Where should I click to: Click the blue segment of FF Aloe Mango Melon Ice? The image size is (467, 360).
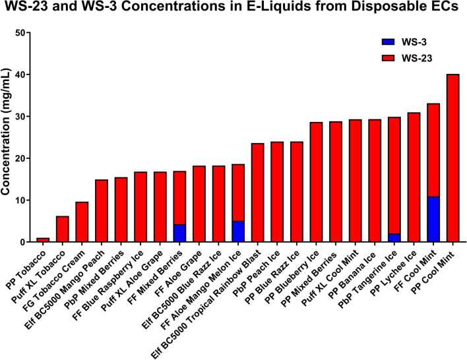pos(238,232)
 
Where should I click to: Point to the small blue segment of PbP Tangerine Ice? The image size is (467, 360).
pos(394,238)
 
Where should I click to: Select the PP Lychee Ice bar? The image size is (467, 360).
pos(414,177)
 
